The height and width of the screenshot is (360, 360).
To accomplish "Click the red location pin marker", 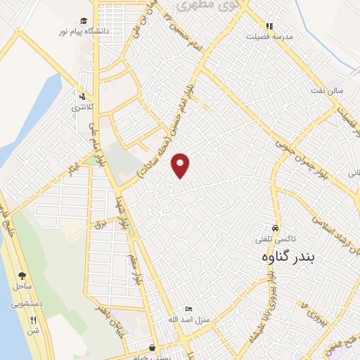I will [x=181, y=165].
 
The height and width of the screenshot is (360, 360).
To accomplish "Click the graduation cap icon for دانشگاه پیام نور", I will [x=84, y=21].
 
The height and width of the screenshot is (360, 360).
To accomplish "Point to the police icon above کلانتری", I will [x=83, y=97].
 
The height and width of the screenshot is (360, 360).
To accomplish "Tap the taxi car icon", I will [x=276, y=229].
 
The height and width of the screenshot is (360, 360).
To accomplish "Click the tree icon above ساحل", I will [x=22, y=276].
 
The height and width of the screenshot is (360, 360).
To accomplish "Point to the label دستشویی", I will [x=27, y=304].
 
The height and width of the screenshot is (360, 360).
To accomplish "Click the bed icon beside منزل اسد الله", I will [x=188, y=309].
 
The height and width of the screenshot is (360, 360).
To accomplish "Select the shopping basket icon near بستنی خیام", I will [x=153, y=347].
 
